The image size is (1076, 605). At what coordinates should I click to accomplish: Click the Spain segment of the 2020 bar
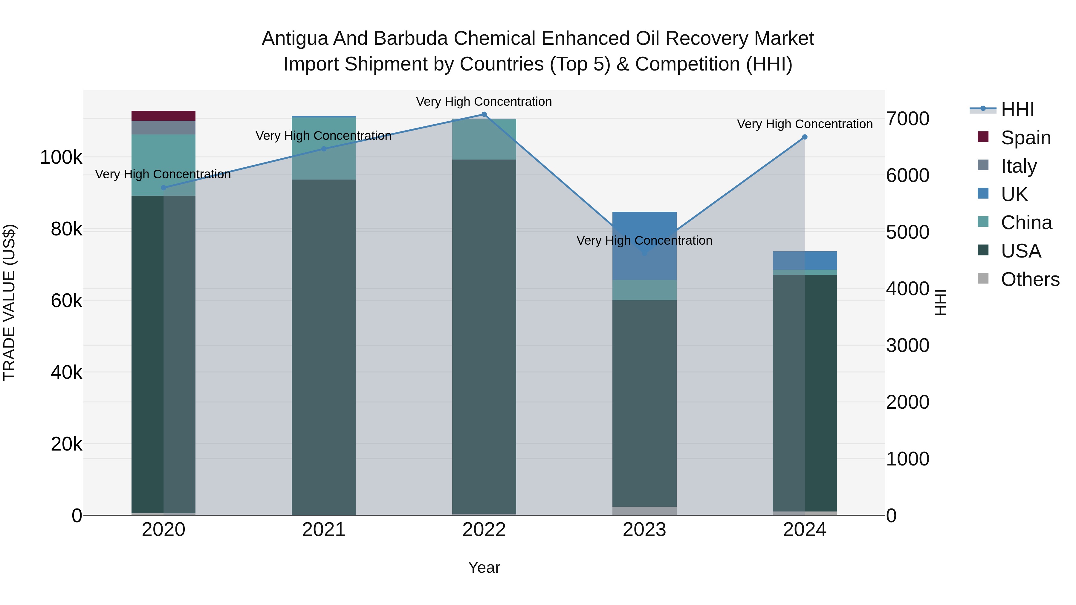point(163,116)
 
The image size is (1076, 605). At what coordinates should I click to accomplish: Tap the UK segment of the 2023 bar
point(644,246)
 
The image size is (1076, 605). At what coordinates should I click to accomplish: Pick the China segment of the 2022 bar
point(484,139)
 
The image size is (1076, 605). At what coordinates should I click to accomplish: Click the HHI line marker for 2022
point(484,114)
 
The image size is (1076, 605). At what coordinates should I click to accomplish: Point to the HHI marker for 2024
point(805,137)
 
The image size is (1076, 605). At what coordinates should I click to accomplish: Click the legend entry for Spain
point(1025,137)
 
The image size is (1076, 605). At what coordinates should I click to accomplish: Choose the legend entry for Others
point(1030,279)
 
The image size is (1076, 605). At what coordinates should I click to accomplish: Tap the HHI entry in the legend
point(1017,109)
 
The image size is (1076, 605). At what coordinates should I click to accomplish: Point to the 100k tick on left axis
point(61,157)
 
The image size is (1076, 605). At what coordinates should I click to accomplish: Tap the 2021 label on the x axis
point(324,530)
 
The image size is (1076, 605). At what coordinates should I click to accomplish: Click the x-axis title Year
point(484,567)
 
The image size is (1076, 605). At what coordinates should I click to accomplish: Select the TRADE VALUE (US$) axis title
point(9,302)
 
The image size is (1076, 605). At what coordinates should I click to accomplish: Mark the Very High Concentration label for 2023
point(644,241)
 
